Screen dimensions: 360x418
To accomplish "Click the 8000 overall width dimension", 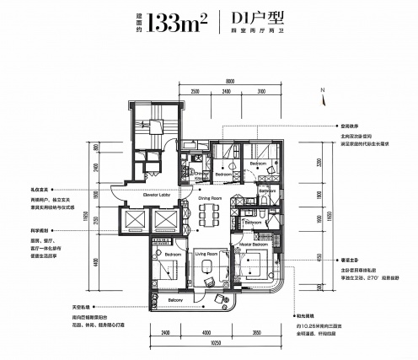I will pyautogui.click(x=228, y=81).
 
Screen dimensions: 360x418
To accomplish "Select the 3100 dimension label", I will pyautogui.click(x=261, y=90).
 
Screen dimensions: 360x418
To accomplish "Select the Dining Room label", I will pyautogui.click(x=211, y=198).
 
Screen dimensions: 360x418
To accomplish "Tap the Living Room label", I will pyautogui.click(x=207, y=253).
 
